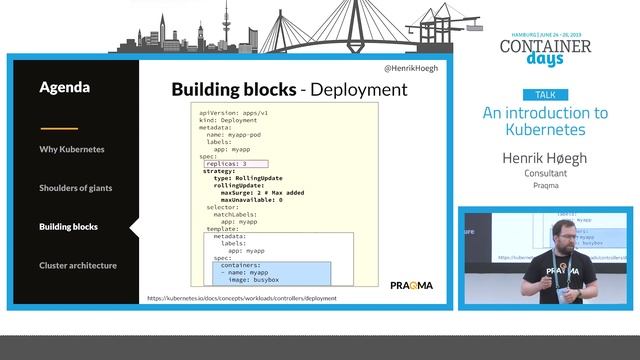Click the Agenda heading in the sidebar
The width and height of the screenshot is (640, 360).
click(65, 87)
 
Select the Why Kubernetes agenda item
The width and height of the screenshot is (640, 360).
click(72, 149)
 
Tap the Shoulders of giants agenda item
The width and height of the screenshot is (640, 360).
click(76, 188)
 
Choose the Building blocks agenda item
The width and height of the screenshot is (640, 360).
click(69, 227)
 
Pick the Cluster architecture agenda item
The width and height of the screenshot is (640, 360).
click(78, 265)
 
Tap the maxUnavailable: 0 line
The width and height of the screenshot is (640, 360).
click(244, 200)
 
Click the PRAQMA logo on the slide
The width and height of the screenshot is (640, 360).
click(411, 286)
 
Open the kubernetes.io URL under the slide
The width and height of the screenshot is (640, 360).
click(242, 298)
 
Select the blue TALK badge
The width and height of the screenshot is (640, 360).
click(545, 94)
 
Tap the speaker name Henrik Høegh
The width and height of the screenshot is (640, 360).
click(545, 157)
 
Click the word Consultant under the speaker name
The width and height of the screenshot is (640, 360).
click(545, 173)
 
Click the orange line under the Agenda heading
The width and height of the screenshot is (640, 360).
click(59, 128)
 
